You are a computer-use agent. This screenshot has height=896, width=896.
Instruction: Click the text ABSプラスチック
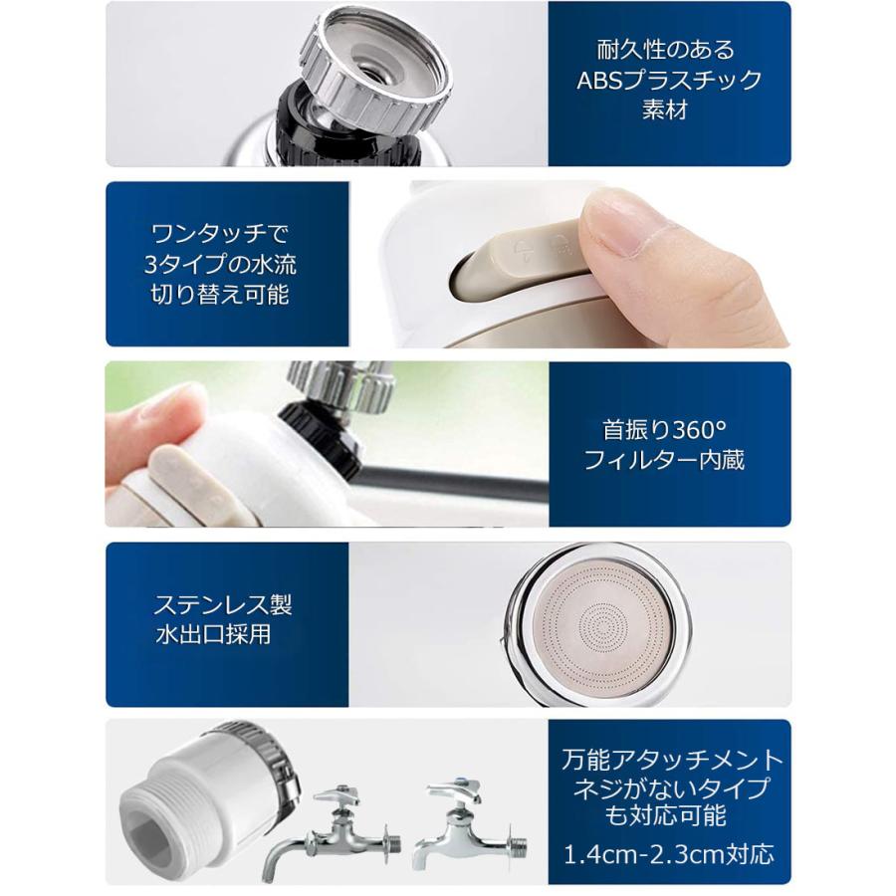tap(669, 80)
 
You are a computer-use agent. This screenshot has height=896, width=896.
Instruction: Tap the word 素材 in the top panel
tap(664, 110)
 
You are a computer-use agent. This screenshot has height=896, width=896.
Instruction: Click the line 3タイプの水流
tap(220, 265)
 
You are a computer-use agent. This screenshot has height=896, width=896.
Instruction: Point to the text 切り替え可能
tap(220, 295)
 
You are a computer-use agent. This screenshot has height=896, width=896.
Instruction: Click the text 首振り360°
tap(664, 430)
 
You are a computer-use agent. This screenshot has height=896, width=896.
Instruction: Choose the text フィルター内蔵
tap(664, 460)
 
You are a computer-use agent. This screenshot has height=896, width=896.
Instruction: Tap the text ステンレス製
tap(223, 604)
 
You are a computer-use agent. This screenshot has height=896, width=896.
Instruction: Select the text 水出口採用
tap(213, 635)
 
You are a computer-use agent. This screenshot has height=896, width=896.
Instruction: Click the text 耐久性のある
tap(666, 50)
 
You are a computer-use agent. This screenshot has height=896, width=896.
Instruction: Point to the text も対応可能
tap(666, 814)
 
